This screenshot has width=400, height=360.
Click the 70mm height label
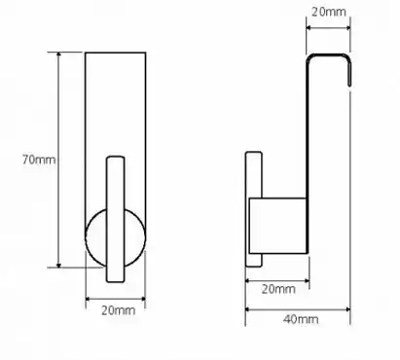coord(39,160)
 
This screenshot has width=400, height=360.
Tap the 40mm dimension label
coord(301,319)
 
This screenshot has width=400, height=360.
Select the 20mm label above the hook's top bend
coord(329,12)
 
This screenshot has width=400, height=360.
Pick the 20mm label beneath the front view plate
coord(118,310)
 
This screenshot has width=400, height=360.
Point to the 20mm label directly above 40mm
coord(278,289)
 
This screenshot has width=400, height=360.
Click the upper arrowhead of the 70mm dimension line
coord(58,55)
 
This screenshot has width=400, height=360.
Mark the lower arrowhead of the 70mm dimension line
coord(58,265)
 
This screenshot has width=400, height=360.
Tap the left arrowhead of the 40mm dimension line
coord(248,309)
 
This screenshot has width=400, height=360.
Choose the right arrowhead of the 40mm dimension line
coord(347,309)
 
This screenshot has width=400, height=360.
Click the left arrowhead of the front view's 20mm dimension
coord(89,299)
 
